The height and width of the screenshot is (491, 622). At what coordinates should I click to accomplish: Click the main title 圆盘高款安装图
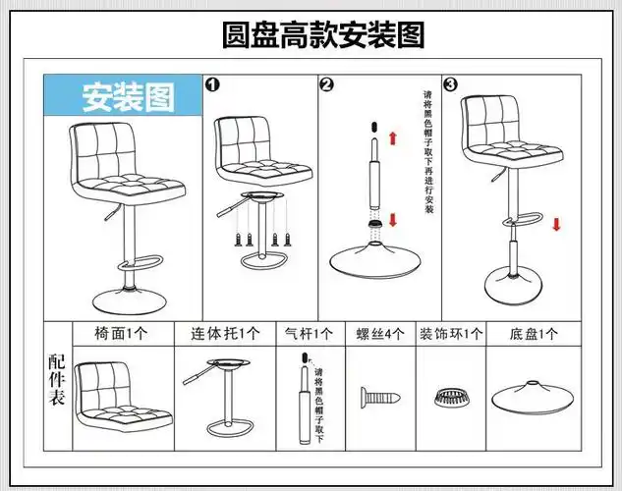[323, 35]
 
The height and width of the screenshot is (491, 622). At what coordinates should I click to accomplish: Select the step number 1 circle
[211, 85]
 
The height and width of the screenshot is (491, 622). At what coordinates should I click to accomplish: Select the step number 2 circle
[327, 85]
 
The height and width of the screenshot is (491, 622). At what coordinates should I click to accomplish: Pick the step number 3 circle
[450, 85]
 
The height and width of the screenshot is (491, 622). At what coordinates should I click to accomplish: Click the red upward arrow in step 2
[393, 140]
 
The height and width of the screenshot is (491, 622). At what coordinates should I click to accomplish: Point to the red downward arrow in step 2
[393, 218]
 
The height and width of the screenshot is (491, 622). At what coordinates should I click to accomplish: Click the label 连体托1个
[224, 334]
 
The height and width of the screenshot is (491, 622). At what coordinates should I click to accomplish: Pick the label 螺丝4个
[379, 334]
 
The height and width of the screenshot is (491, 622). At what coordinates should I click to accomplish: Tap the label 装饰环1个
[451, 334]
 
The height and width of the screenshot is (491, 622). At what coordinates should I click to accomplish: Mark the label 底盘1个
[536, 334]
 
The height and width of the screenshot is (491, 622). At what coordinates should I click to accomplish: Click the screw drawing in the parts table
[380, 398]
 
